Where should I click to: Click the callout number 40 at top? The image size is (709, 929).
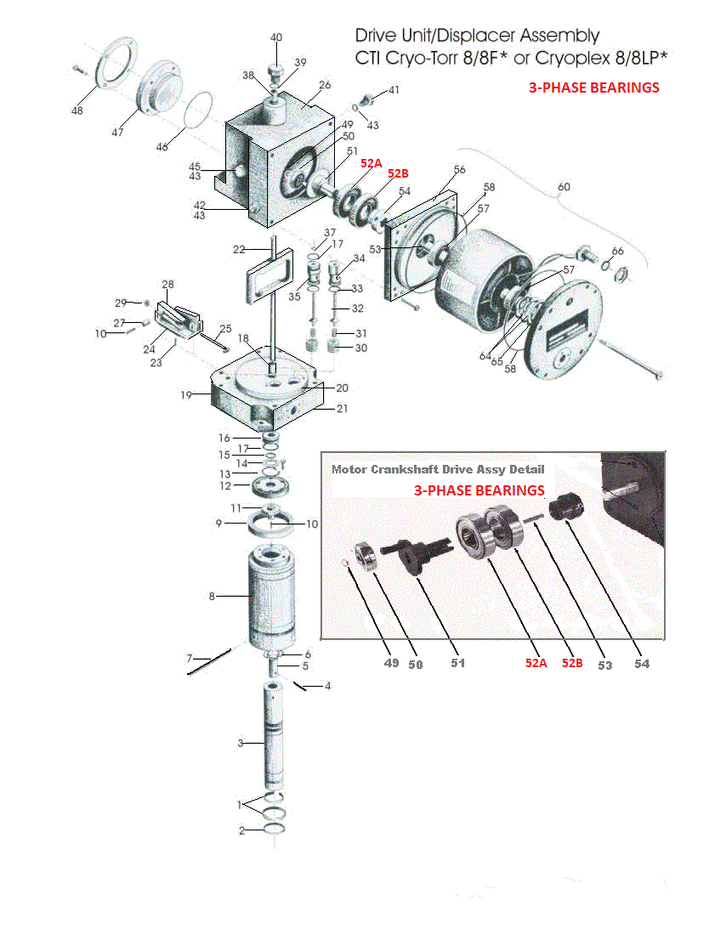[276, 37]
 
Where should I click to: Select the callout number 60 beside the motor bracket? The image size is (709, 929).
[564, 186]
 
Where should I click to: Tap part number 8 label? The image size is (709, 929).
[212, 597]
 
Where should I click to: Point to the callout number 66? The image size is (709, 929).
[617, 251]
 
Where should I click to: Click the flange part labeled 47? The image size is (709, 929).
[161, 86]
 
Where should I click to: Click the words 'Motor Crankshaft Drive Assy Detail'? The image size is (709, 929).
[438, 469]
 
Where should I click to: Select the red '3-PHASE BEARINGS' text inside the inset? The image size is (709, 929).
[479, 490]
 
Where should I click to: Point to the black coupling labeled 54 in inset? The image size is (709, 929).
[569, 509]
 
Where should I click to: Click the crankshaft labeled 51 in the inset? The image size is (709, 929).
[417, 553]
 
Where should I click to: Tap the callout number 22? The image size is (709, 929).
[239, 249]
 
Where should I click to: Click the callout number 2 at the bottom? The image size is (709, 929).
[241, 830]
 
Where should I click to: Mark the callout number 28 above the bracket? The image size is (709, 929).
[167, 284]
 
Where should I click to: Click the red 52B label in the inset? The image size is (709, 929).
[571, 663]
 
